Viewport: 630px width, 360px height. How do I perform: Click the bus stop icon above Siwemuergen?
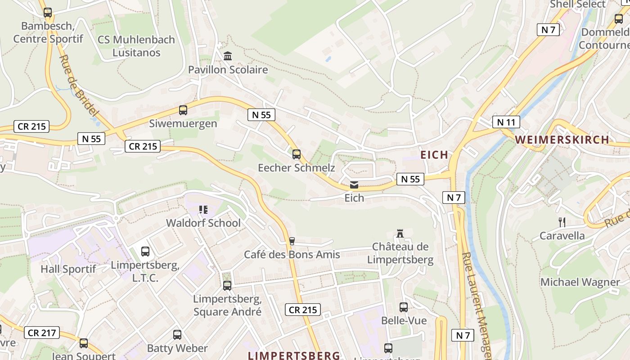point(183,110)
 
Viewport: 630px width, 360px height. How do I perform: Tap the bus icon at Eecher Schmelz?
point(296,154)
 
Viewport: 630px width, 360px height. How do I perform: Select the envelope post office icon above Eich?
point(354,184)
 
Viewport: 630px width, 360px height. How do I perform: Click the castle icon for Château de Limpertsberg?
point(400,233)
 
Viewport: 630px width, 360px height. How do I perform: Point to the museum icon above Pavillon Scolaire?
point(228,56)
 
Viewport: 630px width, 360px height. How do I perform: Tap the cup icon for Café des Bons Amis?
point(292,241)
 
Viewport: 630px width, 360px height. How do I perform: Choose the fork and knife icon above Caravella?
point(562,222)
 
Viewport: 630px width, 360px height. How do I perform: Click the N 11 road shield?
point(506,122)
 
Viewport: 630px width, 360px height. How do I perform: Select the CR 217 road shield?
point(41,333)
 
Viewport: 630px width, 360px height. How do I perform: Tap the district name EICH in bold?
point(434,155)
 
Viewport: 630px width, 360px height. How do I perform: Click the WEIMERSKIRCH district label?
point(562,139)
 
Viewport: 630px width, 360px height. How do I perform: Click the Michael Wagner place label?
point(580,282)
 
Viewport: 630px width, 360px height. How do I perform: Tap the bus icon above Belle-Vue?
point(404,307)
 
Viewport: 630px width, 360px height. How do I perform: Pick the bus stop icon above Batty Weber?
point(177,335)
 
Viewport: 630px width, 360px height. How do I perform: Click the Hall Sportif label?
point(68,269)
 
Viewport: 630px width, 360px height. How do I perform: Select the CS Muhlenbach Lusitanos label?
point(136,46)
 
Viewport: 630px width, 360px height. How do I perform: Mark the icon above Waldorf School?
point(203,209)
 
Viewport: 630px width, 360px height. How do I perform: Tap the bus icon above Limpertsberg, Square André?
point(227,285)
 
